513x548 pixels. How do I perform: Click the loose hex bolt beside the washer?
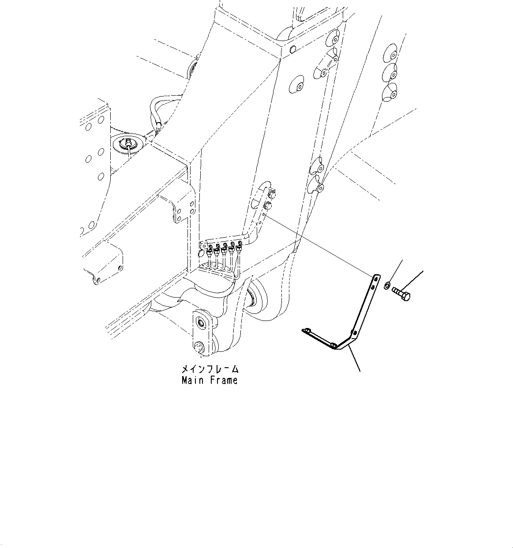point(400,293)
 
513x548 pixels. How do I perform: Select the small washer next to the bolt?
point(386,286)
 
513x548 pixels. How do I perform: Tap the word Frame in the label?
point(223,380)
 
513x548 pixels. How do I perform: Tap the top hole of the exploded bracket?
point(375,278)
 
